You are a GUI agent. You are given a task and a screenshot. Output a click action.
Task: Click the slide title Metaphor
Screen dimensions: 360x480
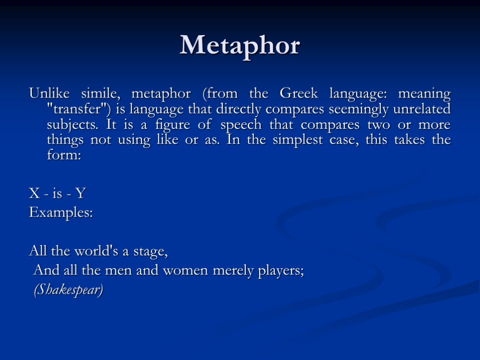(240, 46)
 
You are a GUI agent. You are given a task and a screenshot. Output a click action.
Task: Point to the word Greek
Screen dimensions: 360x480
(298, 94)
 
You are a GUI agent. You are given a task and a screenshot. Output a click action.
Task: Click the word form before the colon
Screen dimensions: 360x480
(63, 155)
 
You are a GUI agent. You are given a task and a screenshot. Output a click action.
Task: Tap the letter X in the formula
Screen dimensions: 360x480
(34, 193)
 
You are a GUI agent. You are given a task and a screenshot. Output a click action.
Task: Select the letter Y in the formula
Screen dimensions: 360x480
(81, 193)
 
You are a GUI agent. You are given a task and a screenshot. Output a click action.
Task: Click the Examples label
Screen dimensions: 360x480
(61, 213)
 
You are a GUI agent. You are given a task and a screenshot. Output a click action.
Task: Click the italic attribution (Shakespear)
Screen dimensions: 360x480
(68, 290)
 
